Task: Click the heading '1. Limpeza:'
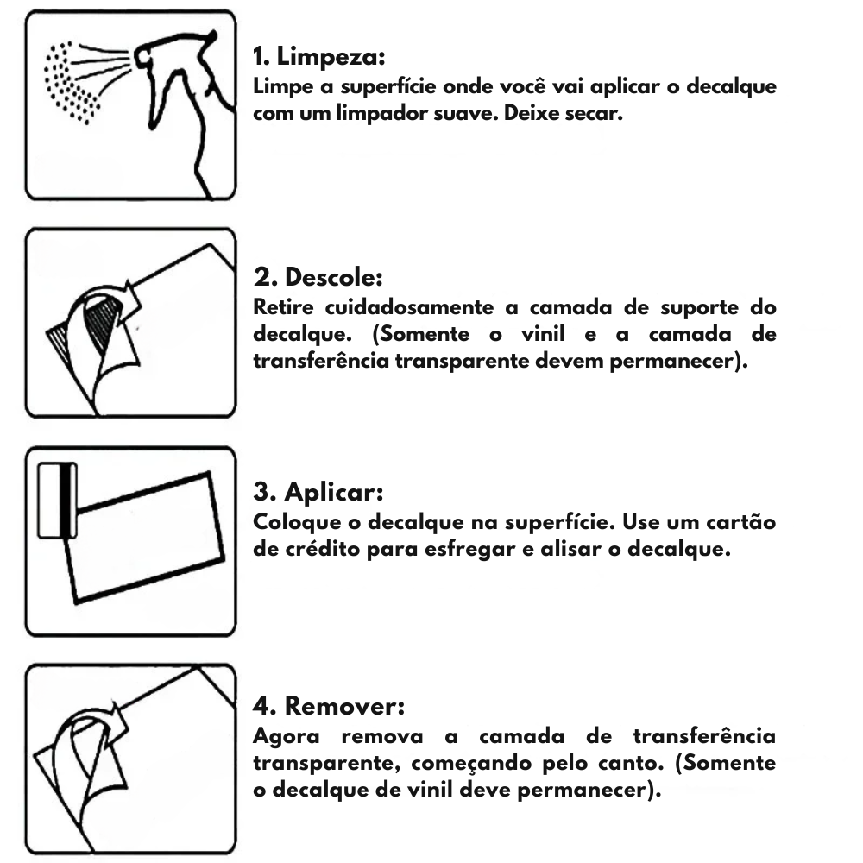[318, 57]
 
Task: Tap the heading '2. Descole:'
[318, 277]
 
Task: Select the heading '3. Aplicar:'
[318, 492]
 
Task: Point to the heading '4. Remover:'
[329, 706]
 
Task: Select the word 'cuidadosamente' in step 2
[409, 307]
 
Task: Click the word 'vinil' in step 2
[543, 333]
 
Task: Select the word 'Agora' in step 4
[287, 737]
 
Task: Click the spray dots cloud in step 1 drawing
[71, 83]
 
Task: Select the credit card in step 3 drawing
[57, 501]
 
